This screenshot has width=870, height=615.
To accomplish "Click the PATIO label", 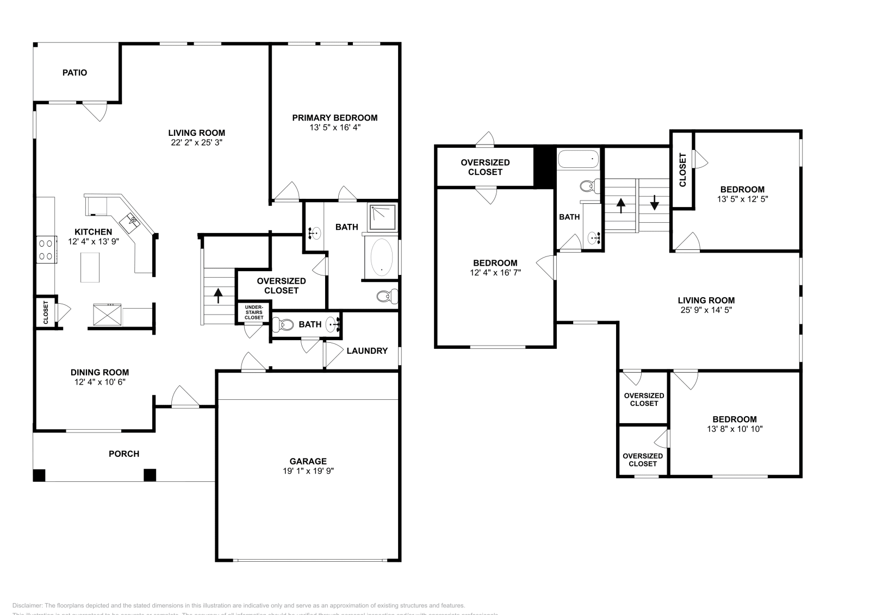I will coord(74,72).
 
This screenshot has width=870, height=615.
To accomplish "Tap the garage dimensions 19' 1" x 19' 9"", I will coord(308,472).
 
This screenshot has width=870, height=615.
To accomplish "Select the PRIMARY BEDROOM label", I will coord(334,117).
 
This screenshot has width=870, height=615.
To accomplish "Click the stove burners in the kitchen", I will coord(46,249).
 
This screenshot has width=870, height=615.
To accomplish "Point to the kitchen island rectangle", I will coord(90,267).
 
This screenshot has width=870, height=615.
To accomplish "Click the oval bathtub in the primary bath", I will coord(381,257).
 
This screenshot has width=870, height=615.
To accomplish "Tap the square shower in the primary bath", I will coord(383,217).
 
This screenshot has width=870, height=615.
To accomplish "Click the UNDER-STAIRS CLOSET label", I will coord(253,312).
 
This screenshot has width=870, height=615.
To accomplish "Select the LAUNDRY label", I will coord(367,351).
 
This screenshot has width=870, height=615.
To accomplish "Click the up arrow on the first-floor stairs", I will coord(218,295).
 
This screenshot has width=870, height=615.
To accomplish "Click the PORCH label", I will coord(124,454).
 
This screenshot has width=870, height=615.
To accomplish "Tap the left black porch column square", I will coord(39,475).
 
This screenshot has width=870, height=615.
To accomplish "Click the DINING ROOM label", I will coord(100,373).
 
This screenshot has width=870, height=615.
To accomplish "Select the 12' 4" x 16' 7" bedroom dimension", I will coord(495,273).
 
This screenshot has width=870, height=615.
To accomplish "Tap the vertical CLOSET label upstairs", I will coord(683,170).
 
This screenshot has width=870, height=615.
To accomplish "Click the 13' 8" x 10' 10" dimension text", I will coord(734,429).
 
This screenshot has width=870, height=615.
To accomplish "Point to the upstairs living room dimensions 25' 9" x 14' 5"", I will coord(706,310).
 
